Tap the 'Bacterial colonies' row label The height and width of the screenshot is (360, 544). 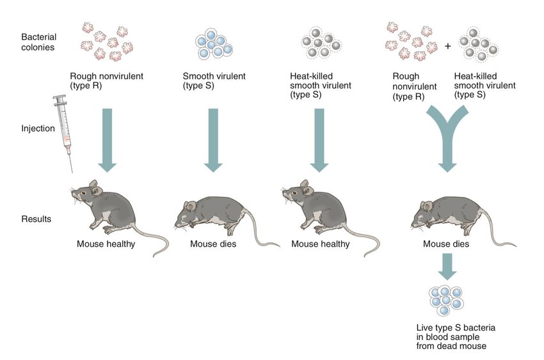click(x=38, y=42)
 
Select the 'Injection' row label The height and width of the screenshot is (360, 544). click(x=36, y=129)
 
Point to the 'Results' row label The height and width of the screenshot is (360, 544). click(x=36, y=219)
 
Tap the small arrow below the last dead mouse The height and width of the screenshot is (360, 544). click(x=447, y=266)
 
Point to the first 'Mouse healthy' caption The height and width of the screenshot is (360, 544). click(x=106, y=244)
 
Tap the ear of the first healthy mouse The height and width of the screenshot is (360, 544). click(x=94, y=187)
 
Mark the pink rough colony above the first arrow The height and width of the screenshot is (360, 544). click(x=107, y=42)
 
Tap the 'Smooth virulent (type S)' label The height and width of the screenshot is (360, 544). click(x=209, y=80)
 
